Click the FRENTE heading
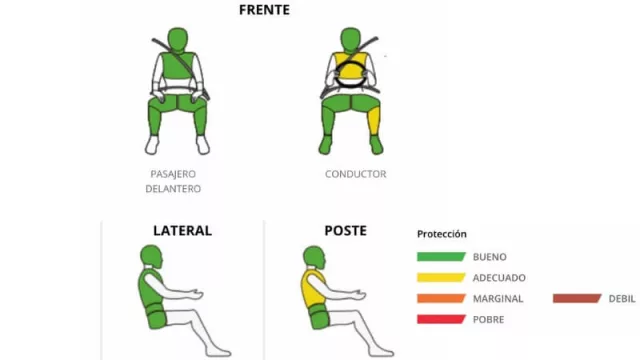264,10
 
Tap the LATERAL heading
182,231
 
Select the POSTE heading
345,231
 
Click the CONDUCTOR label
356,174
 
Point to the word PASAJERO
173,174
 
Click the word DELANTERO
173,189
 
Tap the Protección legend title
442,234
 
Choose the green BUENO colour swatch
441,257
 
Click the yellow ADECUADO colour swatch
441,278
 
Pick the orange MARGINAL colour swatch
441,298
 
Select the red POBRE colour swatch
441,319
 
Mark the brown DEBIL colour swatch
577,298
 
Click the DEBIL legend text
622,299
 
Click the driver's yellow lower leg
374,120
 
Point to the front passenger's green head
178,40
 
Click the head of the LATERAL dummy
151,256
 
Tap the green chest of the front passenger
177,66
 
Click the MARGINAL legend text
498,299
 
